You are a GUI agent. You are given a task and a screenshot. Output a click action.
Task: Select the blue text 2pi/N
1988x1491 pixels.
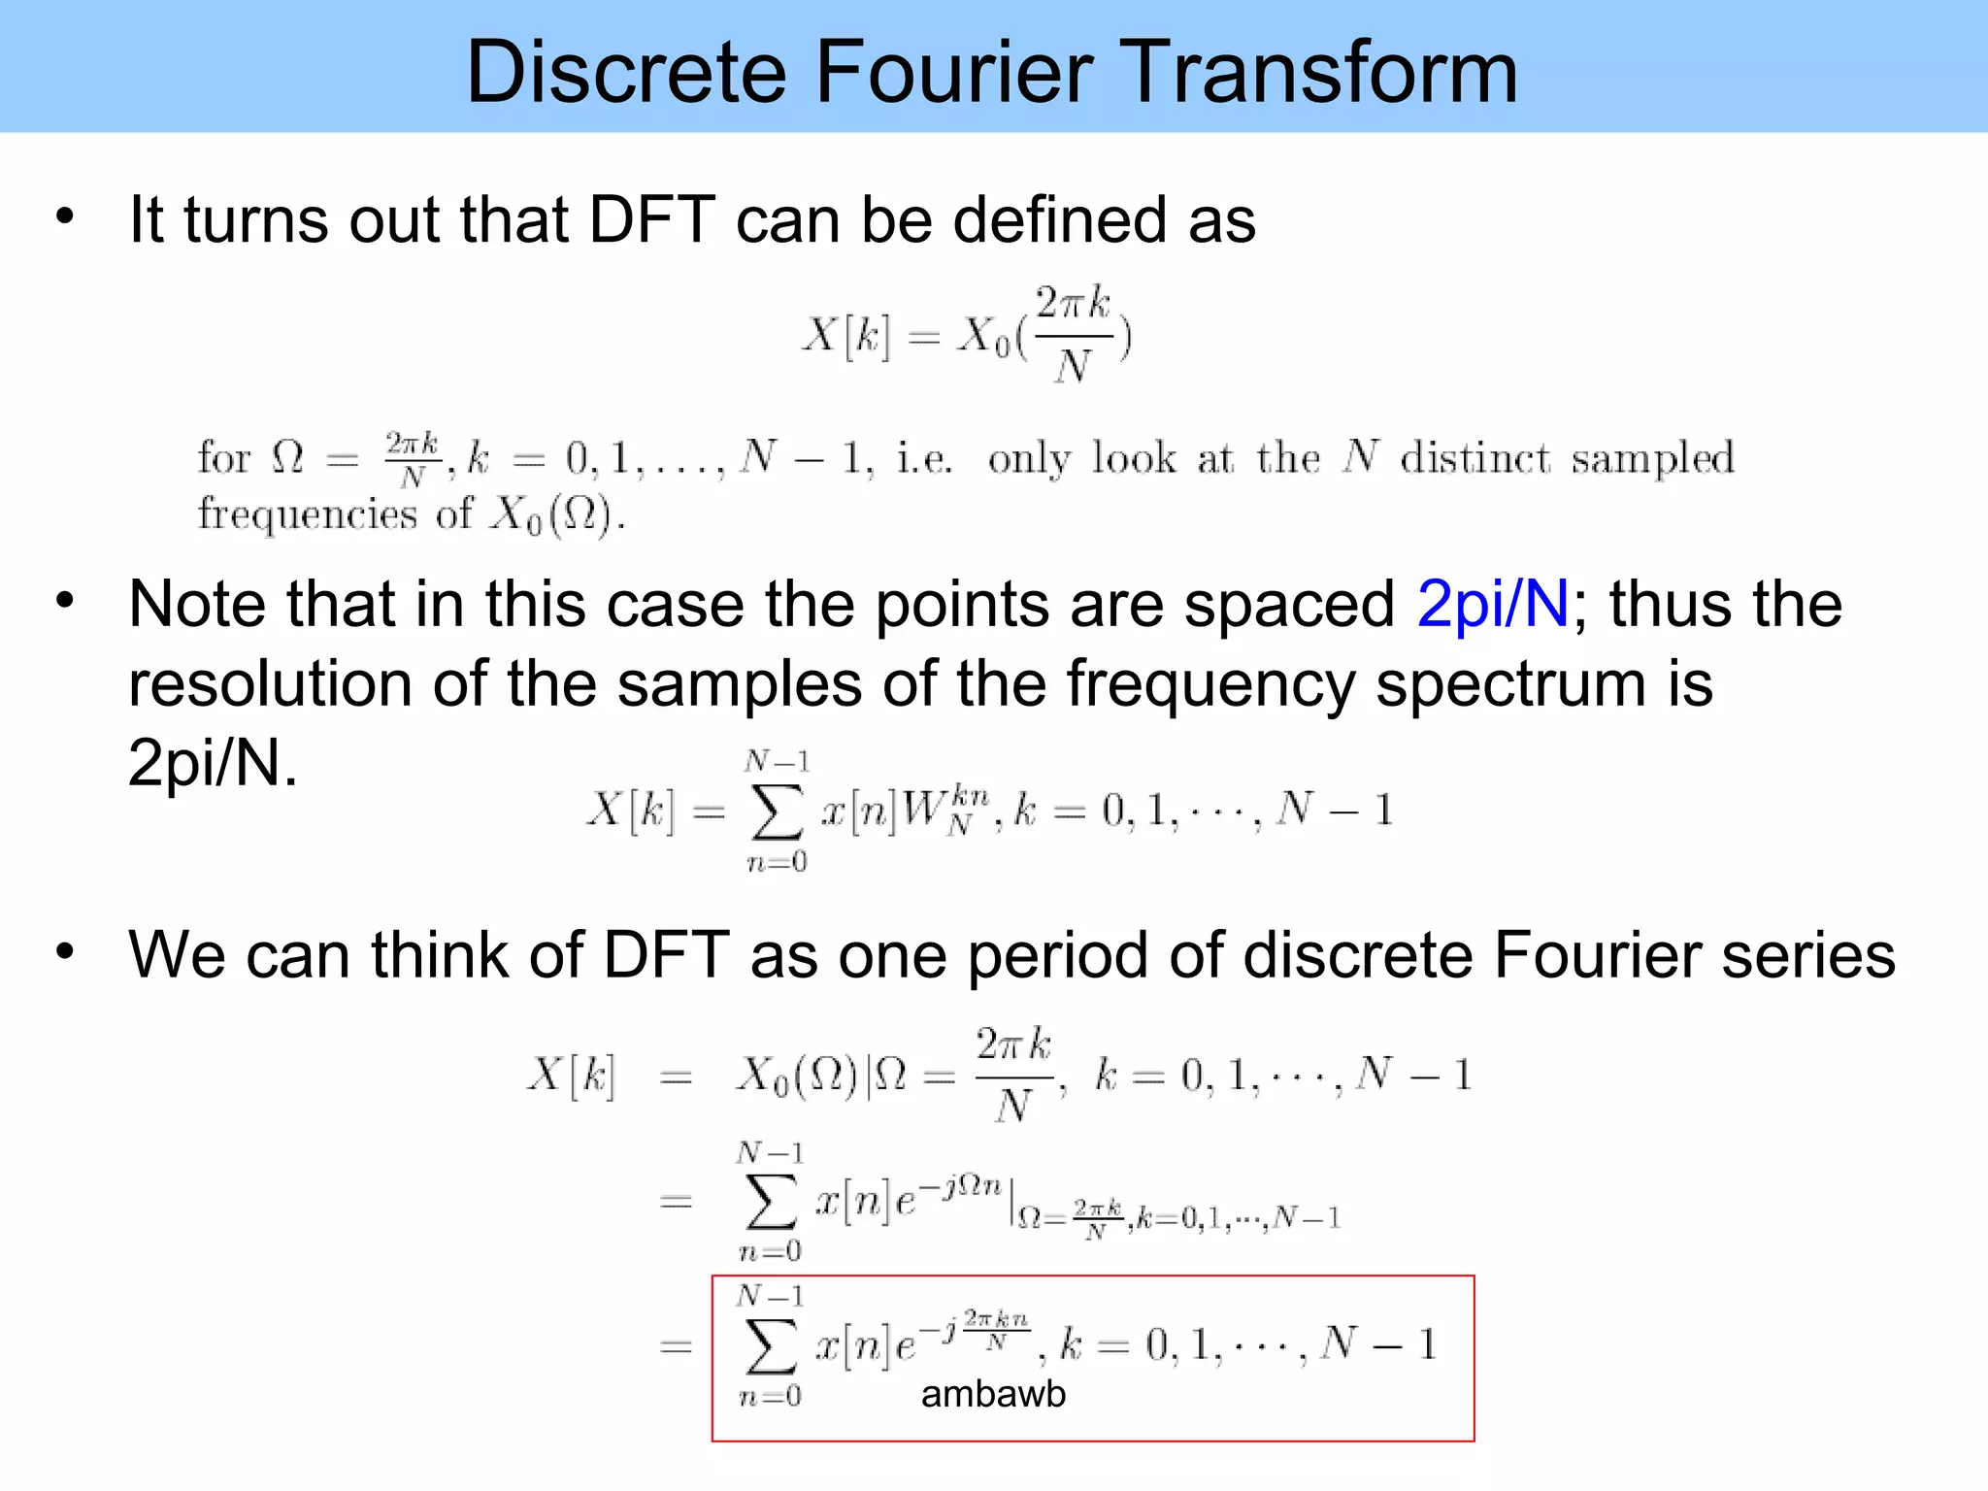pyautogui.click(x=1493, y=604)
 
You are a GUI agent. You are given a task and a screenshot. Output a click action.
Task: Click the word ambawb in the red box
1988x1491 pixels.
pyautogui.click(x=993, y=1394)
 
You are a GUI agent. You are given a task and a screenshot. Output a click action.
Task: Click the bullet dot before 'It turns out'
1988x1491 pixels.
pyautogui.click(x=65, y=215)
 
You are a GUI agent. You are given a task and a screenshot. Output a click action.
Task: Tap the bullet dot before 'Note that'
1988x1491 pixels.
pyautogui.click(x=65, y=600)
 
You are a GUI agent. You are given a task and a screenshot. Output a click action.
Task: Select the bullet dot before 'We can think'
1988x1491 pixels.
pyautogui.click(x=65, y=951)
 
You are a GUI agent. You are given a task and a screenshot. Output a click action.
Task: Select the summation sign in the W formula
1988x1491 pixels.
pyautogui.click(x=777, y=812)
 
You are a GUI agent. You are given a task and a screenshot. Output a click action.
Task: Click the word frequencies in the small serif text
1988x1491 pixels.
pyautogui.click(x=307, y=514)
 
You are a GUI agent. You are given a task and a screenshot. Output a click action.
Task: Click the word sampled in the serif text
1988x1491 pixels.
pyautogui.click(x=1652, y=459)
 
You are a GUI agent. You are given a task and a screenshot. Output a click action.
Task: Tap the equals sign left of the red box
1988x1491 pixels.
pyautogui.click(x=676, y=1347)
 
